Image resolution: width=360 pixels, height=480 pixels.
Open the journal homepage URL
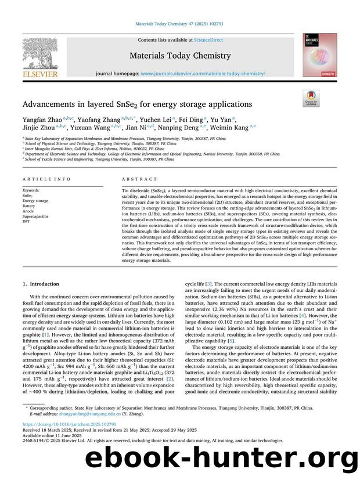(x=203, y=74)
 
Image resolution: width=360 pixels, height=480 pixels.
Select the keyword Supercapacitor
(x=36, y=216)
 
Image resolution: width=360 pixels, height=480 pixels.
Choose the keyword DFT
(x=26, y=221)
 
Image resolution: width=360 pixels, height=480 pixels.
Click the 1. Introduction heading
(x=41, y=284)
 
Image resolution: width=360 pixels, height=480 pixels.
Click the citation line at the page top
(x=180, y=24)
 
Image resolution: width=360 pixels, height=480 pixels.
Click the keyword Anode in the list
(x=28, y=211)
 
